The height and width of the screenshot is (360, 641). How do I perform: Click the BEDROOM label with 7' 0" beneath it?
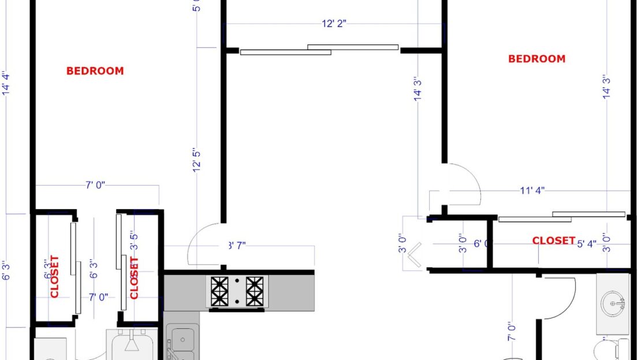(95, 71)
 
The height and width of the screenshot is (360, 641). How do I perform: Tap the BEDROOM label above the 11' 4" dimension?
(536, 58)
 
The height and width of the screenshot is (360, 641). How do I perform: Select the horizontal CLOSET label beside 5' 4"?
(553, 240)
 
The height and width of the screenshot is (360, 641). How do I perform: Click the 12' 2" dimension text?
(334, 24)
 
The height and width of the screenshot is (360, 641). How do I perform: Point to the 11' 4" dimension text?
(532, 190)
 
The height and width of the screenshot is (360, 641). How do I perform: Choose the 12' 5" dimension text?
(197, 159)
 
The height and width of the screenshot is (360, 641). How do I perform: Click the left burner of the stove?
(219, 291)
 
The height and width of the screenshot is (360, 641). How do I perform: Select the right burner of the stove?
(254, 291)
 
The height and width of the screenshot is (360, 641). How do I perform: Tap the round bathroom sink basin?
(613, 302)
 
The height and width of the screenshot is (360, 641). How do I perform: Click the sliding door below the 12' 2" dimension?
(319, 50)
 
